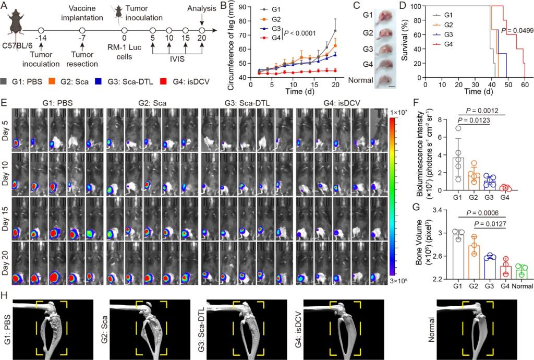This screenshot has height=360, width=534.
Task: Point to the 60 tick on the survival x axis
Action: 523,85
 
